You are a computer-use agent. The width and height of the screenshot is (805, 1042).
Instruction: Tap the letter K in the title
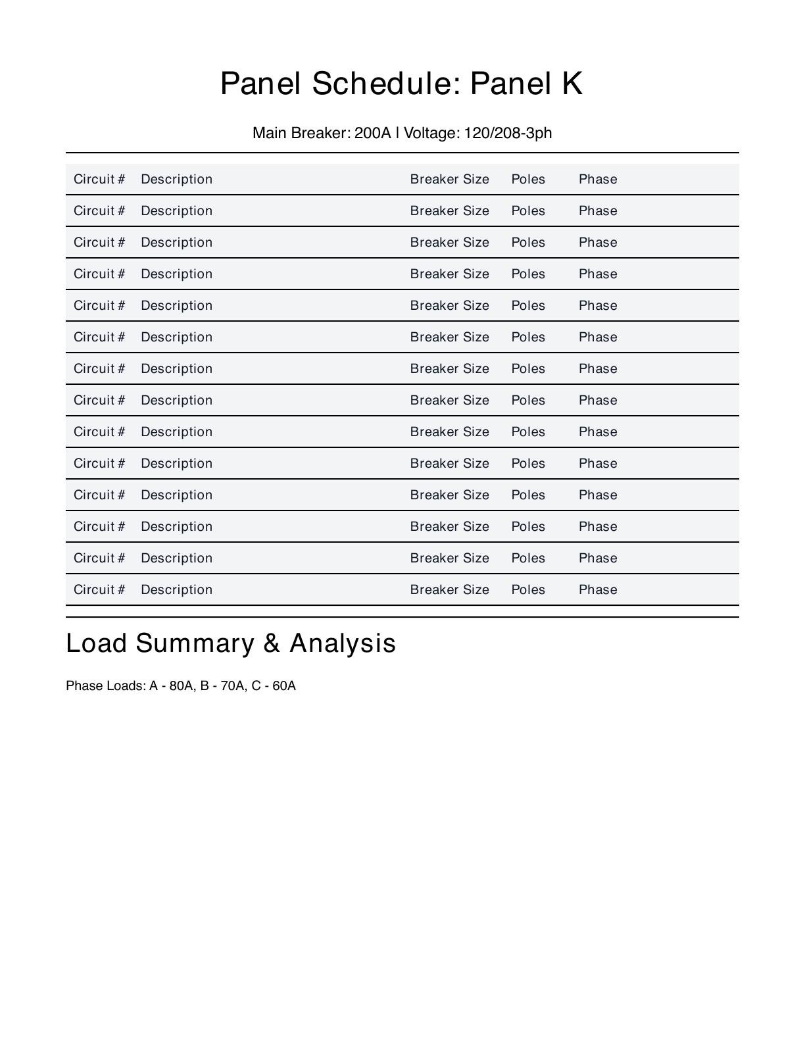tap(572, 84)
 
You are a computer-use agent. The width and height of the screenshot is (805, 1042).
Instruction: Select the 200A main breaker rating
tap(372, 133)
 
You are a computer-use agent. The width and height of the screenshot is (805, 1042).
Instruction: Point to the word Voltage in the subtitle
tap(431, 133)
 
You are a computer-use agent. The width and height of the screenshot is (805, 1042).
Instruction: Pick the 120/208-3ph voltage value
tap(508, 133)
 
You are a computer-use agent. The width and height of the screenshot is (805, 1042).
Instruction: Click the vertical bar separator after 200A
tap(397, 133)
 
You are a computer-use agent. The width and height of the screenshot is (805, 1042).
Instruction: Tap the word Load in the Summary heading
tap(97, 643)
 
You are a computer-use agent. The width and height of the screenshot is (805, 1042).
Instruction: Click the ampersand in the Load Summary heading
tap(272, 643)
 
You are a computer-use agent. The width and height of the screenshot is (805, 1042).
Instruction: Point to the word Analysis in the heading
tap(343, 643)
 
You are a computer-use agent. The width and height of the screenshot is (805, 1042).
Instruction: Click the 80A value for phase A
tap(181, 686)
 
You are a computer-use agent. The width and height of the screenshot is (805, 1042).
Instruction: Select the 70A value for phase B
tap(232, 686)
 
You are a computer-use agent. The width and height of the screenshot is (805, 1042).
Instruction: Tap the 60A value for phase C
tap(284, 686)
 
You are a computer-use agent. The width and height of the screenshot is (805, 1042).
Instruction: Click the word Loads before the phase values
tap(126, 686)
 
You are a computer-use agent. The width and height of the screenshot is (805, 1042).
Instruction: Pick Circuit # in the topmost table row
tap(99, 180)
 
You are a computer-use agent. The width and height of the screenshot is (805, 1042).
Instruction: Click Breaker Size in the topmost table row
tap(450, 180)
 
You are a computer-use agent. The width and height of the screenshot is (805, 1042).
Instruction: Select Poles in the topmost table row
tap(528, 180)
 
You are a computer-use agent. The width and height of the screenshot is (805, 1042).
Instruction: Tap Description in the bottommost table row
tap(177, 590)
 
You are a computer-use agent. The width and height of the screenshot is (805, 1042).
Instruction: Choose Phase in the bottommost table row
tap(598, 590)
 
